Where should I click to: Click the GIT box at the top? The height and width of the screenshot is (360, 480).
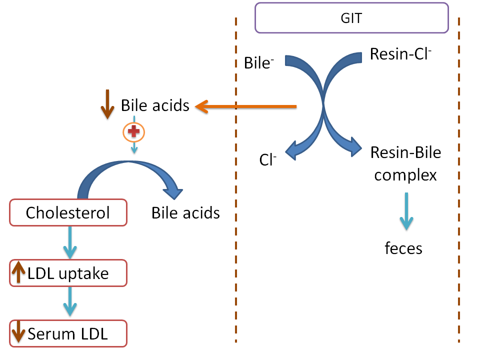[351, 18]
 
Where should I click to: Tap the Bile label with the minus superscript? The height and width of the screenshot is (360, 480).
[259, 63]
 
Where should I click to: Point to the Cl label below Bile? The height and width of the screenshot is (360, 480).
[268, 160]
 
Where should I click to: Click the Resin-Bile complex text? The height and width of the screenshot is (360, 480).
[405, 163]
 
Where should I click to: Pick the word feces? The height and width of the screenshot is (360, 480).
[403, 248]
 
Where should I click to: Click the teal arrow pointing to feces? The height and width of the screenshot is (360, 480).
[405, 215]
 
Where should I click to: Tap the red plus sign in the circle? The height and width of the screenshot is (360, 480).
[133, 132]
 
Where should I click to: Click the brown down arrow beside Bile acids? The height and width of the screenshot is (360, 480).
[107, 105]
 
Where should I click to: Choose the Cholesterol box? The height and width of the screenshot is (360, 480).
[68, 213]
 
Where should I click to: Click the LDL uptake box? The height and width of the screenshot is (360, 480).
[68, 273]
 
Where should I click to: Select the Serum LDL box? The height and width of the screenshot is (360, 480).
[68, 333]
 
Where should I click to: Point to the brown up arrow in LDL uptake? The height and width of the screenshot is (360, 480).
[18, 273]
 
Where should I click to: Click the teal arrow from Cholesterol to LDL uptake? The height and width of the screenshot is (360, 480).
[69, 242]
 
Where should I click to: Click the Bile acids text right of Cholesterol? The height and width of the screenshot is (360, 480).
[185, 213]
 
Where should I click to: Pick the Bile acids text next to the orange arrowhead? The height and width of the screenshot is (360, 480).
[155, 105]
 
